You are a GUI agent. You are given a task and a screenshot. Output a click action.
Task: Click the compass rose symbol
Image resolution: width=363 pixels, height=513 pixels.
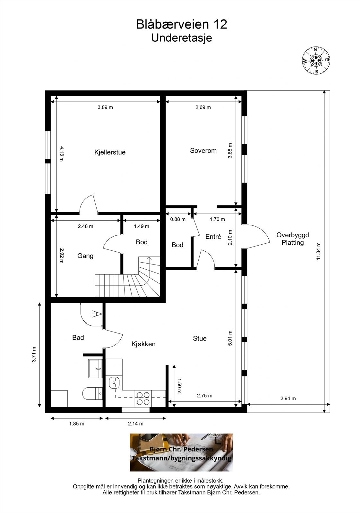click(x=316, y=61)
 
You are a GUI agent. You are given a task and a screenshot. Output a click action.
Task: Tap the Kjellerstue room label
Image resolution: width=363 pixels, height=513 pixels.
click(x=110, y=152)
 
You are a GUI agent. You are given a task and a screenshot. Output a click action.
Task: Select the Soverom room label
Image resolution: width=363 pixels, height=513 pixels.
click(x=203, y=151)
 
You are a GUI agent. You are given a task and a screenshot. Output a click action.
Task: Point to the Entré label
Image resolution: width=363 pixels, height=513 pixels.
click(x=213, y=237)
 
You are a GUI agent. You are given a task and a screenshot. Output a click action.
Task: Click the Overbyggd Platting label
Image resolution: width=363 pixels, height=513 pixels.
click(x=293, y=239)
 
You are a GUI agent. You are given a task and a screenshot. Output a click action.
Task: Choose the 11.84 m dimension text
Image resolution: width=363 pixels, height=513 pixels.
click(x=318, y=251)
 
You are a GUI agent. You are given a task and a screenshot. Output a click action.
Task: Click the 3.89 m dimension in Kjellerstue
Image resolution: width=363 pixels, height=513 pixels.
click(x=105, y=107)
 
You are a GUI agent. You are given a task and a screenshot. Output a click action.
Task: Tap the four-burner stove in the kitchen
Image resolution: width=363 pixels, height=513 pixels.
click(x=143, y=399)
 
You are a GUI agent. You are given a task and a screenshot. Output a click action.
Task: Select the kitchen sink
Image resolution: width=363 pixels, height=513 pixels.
click(x=114, y=383)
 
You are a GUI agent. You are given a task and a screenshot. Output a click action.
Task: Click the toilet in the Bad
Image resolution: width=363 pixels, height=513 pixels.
click(x=92, y=393)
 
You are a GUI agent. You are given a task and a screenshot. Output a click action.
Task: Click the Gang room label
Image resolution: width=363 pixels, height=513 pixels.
click(x=85, y=256)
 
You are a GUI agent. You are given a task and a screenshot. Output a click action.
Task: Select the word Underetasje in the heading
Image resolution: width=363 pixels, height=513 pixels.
click(x=181, y=38)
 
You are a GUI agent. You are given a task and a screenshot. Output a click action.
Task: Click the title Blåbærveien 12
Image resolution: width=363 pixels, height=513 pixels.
click(x=182, y=24)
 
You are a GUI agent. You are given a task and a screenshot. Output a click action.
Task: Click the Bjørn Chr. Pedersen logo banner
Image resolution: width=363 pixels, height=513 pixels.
click(x=181, y=452)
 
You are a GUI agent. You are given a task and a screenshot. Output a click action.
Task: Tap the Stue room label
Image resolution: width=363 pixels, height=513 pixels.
click(x=200, y=339)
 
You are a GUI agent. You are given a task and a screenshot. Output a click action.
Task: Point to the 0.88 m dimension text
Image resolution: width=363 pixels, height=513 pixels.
click(x=178, y=219)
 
